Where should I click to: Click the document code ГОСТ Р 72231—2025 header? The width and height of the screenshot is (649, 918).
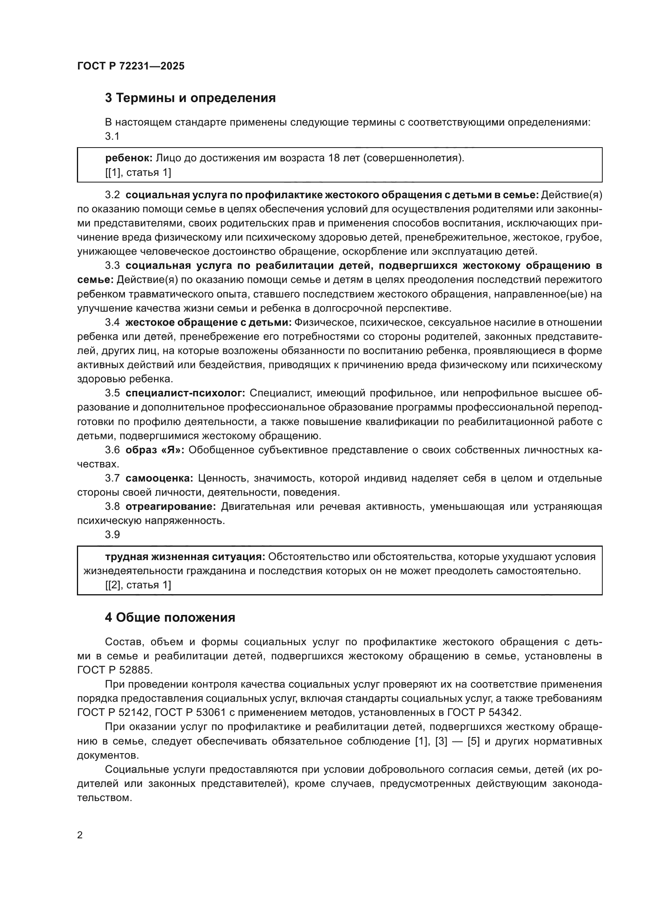(131, 66)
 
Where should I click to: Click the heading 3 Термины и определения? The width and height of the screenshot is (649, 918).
(190, 98)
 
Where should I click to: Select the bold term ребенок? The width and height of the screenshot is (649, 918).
(129, 158)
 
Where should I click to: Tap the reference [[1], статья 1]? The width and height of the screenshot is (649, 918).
(138, 173)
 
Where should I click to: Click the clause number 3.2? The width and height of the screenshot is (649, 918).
(112, 195)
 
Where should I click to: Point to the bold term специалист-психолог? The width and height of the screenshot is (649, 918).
(186, 393)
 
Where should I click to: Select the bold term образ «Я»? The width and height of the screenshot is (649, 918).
(155, 450)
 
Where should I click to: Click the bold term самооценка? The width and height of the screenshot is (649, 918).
(159, 478)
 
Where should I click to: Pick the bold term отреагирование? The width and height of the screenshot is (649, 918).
(171, 507)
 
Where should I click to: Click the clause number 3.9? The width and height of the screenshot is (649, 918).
(112, 535)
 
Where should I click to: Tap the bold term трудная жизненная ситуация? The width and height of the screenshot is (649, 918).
(185, 557)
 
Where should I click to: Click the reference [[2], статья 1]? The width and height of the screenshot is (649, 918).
(138, 585)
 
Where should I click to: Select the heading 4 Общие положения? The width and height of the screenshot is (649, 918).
(170, 618)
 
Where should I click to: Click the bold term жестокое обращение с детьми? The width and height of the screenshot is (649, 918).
(209, 323)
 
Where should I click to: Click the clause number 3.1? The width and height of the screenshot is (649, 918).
(112, 136)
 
